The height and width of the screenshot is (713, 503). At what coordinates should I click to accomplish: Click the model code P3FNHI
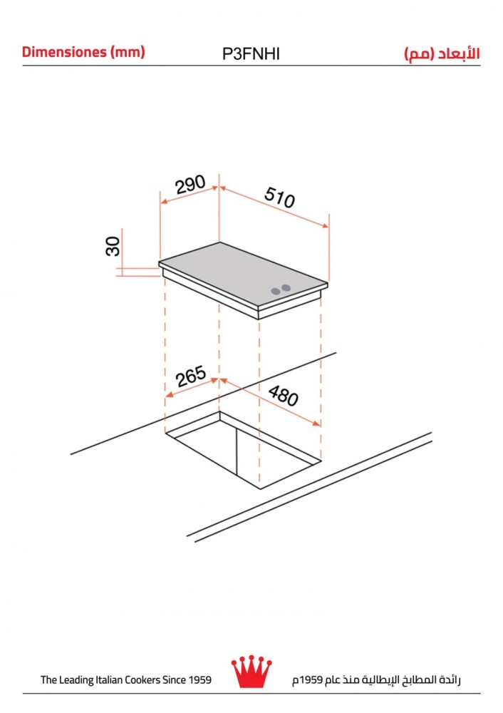251,54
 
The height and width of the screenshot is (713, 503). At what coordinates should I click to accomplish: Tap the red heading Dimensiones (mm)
83,52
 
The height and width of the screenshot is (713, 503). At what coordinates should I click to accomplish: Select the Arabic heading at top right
442,54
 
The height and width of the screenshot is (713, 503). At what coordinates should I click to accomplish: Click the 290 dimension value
190,184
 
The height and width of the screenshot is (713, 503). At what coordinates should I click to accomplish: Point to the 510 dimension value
279,198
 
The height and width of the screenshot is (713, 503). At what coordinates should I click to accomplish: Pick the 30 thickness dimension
113,246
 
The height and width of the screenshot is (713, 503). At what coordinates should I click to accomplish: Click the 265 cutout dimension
191,376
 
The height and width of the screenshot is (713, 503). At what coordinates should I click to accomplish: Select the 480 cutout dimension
283,396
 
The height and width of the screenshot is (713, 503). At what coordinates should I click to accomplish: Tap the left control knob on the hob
275,291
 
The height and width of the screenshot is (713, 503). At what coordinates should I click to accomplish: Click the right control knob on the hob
286,288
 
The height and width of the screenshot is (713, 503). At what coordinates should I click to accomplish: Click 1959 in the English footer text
200,679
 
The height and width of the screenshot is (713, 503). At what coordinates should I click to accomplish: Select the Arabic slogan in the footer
376,679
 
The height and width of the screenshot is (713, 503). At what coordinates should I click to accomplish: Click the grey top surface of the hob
243,273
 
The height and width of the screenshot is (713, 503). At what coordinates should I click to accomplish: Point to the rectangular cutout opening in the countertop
243,450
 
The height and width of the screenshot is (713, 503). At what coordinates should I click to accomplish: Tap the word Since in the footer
175,679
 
